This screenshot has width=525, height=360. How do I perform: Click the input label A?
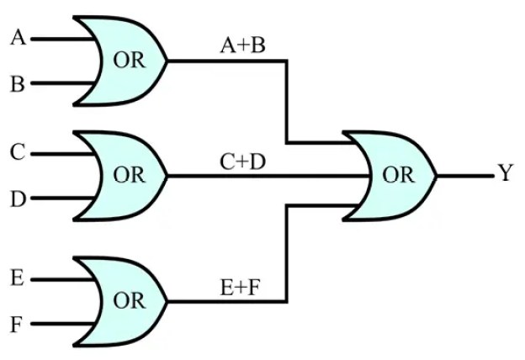(18, 38)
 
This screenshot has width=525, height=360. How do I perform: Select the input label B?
(18, 84)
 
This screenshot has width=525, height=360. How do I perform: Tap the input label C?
(18, 153)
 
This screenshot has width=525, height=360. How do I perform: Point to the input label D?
(18, 199)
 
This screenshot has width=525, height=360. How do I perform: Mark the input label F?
(18, 323)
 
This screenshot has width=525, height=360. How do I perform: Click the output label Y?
(505, 174)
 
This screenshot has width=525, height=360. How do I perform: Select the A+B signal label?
(242, 45)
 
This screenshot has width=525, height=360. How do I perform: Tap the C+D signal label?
(242, 161)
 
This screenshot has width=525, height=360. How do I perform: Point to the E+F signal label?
(241, 285)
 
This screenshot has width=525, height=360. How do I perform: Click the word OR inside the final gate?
(398, 177)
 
